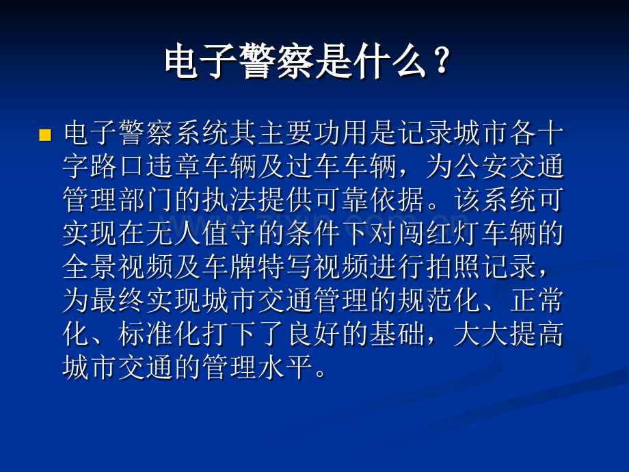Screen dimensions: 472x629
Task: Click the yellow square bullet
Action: coord(45,135)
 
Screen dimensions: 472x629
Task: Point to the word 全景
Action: coord(90,268)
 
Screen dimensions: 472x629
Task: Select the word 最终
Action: coord(118,302)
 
